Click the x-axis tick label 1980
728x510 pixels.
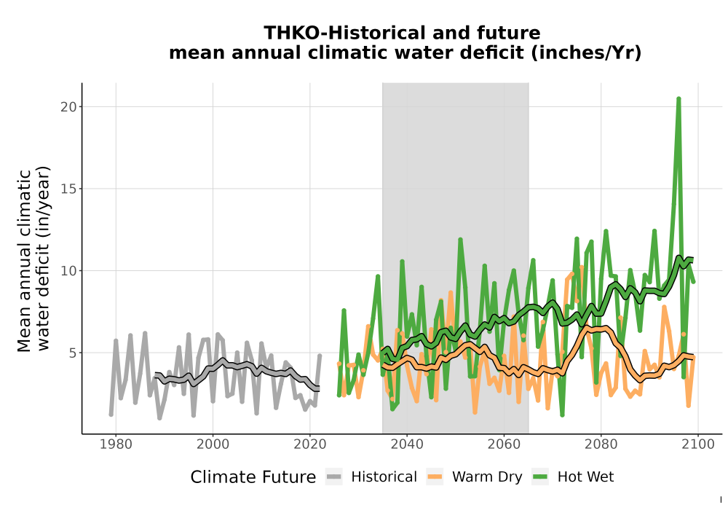[116, 444]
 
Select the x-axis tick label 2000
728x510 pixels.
[213, 444]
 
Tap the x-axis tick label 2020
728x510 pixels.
[309, 444]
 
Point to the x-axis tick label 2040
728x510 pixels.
[407, 444]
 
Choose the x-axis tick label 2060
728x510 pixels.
[504, 444]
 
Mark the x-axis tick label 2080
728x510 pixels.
[601, 444]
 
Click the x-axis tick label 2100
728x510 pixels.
[698, 444]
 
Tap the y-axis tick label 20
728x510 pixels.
[68, 107]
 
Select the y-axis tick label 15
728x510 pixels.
[68, 189]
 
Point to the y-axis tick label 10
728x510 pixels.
[68, 271]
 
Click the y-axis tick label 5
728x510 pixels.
[72, 353]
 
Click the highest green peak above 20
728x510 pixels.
[678, 98]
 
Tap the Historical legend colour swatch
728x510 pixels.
[333, 477]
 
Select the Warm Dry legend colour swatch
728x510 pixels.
[435, 477]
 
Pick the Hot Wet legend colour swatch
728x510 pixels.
[540, 477]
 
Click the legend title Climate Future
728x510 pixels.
[253, 477]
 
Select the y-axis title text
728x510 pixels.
[33, 259]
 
